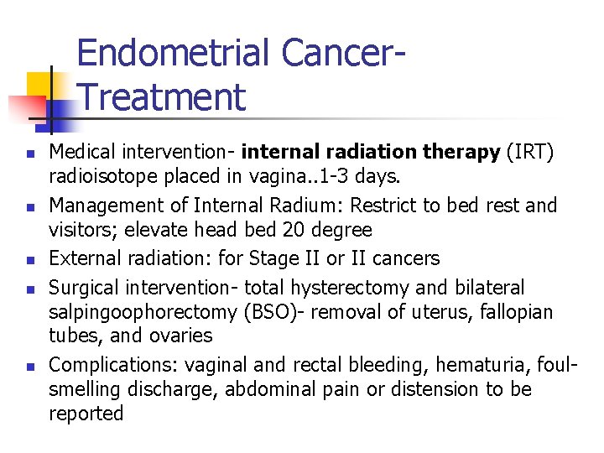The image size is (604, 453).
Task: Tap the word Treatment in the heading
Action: [161, 96]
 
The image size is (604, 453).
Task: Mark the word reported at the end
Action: [86, 414]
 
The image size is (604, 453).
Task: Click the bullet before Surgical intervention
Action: [29, 289]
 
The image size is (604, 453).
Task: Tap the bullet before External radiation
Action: [29, 260]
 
